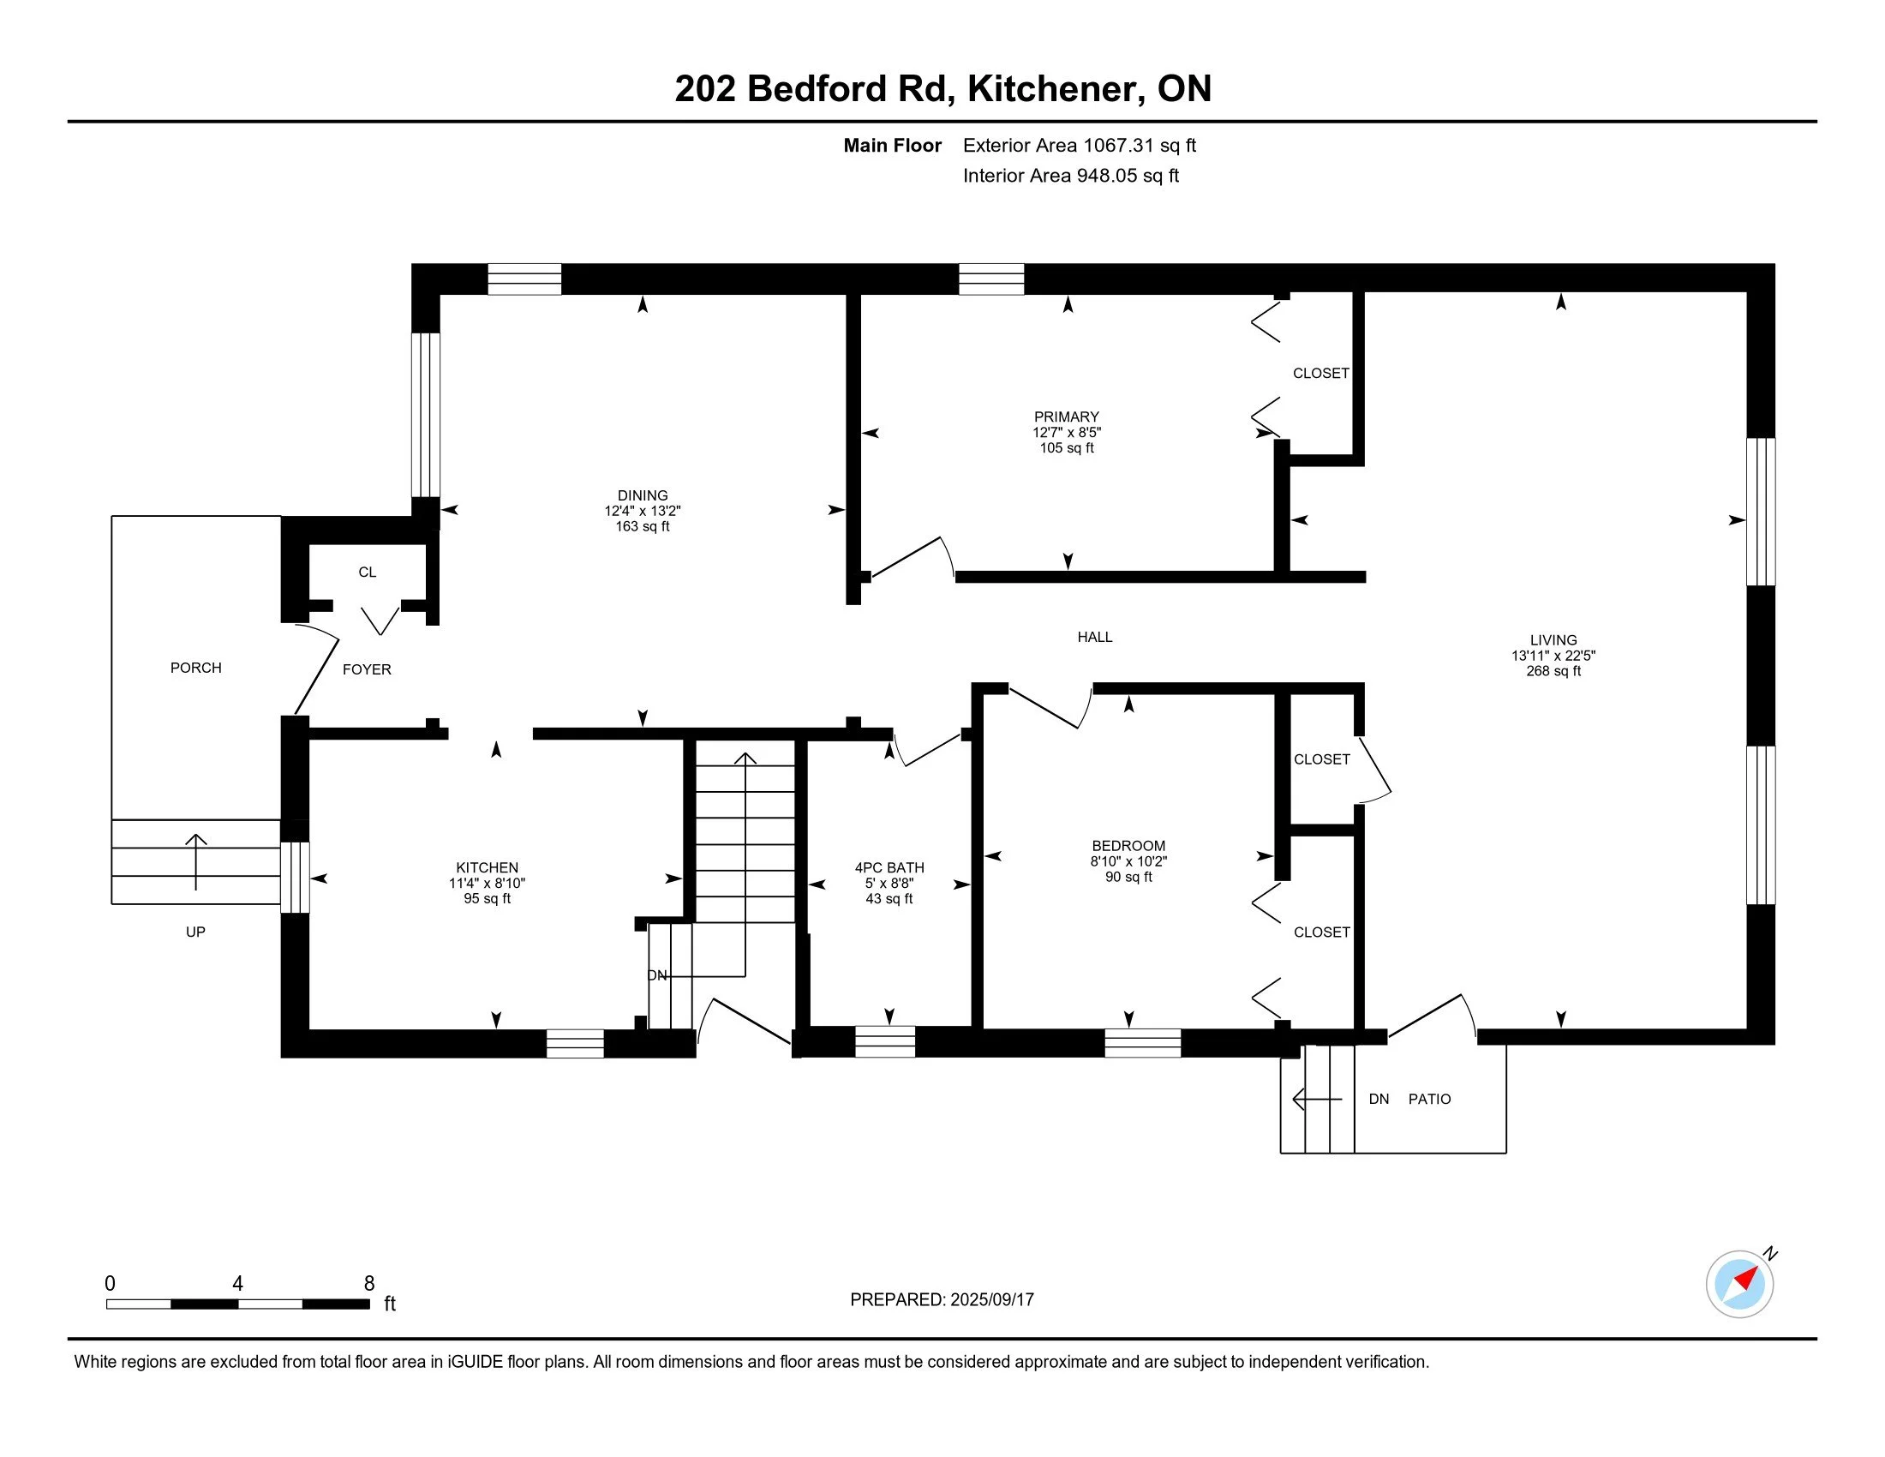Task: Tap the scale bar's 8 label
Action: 369,1284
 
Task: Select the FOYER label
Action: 367,670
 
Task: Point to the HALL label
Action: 1095,637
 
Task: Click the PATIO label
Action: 1430,1099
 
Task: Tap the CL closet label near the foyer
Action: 368,573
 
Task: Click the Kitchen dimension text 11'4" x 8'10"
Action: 488,883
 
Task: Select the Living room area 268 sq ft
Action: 1553,671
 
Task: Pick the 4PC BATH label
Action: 890,867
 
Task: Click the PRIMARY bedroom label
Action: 1067,417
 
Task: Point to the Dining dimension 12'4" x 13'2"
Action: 643,511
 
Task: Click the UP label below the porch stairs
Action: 196,932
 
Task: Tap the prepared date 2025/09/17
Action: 991,1300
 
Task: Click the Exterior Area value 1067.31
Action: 1118,145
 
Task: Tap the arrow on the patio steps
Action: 1317,1099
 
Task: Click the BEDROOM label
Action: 1129,846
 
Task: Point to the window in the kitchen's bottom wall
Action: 576,1044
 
